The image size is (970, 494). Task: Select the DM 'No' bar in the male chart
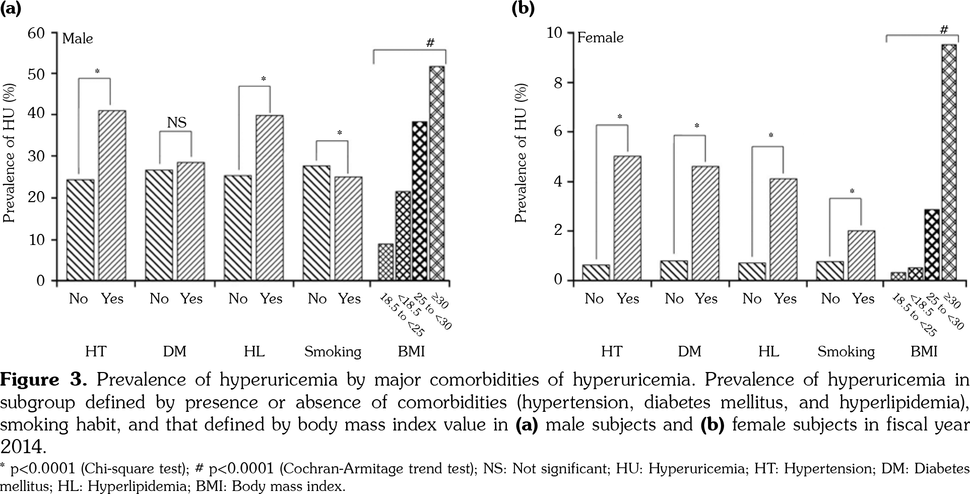pos(159,225)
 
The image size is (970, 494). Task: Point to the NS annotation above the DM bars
pos(176,122)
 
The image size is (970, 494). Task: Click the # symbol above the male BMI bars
pos(430,43)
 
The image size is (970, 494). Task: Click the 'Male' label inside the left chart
pos(78,39)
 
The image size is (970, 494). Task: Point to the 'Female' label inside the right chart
pos(600,38)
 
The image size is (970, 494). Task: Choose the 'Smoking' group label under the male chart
pos(333,351)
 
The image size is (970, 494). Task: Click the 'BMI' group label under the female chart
pos(924,351)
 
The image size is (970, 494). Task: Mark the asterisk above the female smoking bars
pos(852,192)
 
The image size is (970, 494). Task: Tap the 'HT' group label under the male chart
pos(96,351)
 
